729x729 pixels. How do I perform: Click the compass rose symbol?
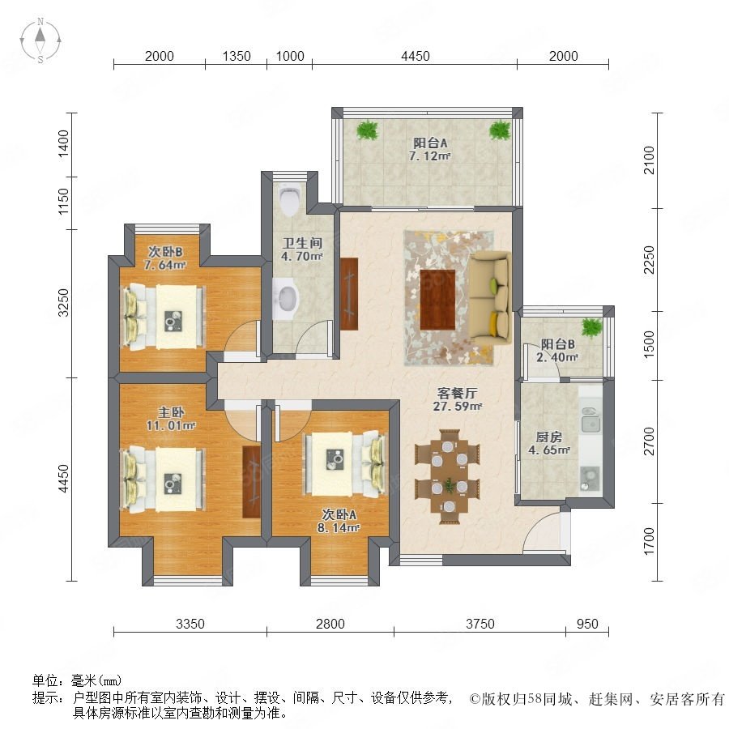pyautogui.click(x=40, y=40)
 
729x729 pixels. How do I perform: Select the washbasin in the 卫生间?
pyautogui.click(x=284, y=299)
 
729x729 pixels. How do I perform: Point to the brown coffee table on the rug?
pyautogui.click(x=437, y=300)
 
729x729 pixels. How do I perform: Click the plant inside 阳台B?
pyautogui.click(x=592, y=327)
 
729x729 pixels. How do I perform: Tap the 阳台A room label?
pyautogui.click(x=430, y=143)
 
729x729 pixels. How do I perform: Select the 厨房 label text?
pyautogui.click(x=549, y=437)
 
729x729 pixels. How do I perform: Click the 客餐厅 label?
pyautogui.click(x=457, y=394)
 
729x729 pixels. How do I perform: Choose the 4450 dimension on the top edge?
pyautogui.click(x=416, y=56)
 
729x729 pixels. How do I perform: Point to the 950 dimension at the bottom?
pyautogui.click(x=587, y=624)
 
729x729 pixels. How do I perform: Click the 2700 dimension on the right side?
pyautogui.click(x=649, y=441)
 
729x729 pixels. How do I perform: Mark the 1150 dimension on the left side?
pyautogui.click(x=63, y=202)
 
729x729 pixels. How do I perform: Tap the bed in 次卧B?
pyautogui.click(x=163, y=316)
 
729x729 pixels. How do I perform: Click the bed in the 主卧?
pyautogui.click(x=163, y=480)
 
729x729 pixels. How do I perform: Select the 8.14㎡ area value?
pyautogui.click(x=339, y=527)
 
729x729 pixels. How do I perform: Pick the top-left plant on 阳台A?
pyautogui.click(x=367, y=130)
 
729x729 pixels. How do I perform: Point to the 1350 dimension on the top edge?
pyautogui.click(x=237, y=56)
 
